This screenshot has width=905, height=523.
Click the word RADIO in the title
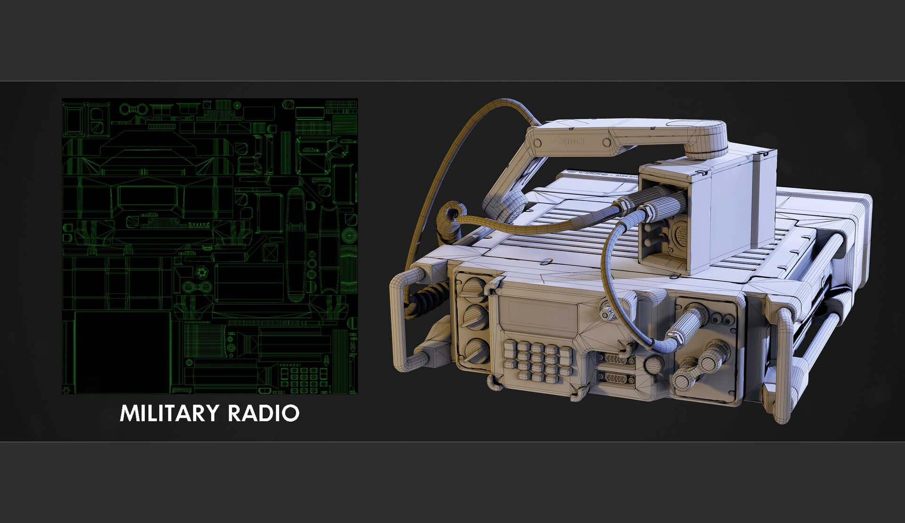(x=263, y=413)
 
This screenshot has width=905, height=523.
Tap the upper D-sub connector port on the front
(x=615, y=359)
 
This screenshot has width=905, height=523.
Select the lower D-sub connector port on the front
(x=615, y=378)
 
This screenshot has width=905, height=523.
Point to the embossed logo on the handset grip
(x=571, y=141)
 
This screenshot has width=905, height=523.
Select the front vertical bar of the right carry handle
(x=782, y=363)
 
